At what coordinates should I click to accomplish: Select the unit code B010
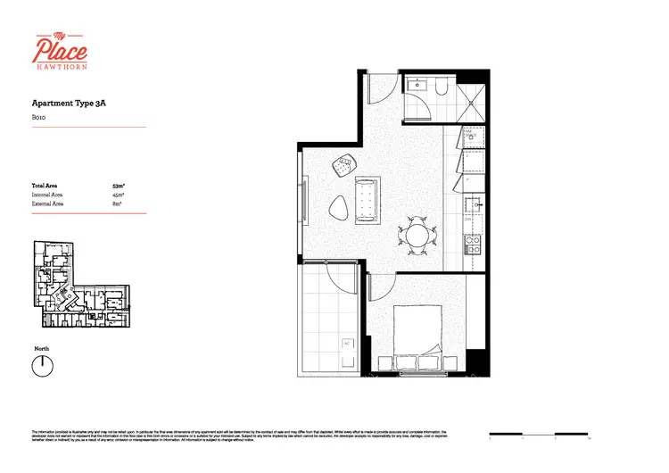pyautogui.click(x=39, y=117)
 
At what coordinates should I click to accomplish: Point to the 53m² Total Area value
pyautogui.click(x=119, y=186)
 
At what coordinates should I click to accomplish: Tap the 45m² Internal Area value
pyautogui.click(x=119, y=195)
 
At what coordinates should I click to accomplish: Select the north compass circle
pyautogui.click(x=41, y=365)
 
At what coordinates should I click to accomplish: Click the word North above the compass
pyautogui.click(x=41, y=348)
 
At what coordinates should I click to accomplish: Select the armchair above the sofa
pyautogui.click(x=344, y=164)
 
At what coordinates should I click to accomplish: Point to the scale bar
pyautogui.click(x=540, y=435)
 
